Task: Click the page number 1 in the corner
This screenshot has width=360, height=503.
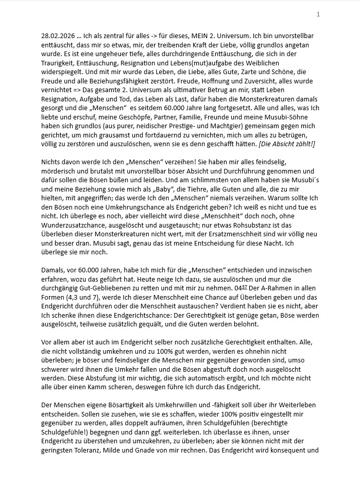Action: [318, 14]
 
